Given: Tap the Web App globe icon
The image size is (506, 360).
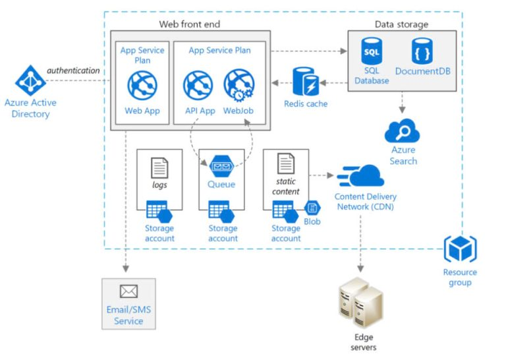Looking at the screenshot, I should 142,86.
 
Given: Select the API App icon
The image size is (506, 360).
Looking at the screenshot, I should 198,85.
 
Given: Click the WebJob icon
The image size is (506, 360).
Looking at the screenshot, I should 239,85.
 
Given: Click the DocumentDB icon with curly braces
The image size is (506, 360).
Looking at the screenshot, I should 422,51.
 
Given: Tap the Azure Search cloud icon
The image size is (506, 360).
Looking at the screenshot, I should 403,131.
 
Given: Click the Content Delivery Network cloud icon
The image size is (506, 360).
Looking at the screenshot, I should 360,177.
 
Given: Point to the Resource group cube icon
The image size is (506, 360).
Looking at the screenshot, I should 460,250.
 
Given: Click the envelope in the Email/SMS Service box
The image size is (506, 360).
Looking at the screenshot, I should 128,291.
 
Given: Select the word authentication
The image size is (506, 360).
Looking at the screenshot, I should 72,71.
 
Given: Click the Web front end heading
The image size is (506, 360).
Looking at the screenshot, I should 190,24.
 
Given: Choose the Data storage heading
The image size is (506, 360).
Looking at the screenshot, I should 401,24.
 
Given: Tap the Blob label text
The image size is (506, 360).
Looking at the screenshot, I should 312,222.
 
